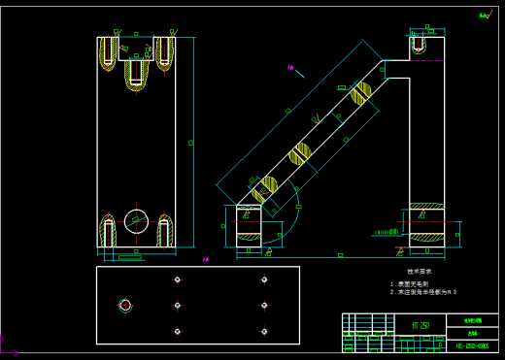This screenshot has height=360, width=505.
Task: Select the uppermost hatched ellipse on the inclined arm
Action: tap(361, 93)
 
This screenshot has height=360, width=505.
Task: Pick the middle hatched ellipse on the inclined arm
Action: tap(300, 152)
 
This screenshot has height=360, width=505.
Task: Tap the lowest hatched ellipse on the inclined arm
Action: tap(262, 187)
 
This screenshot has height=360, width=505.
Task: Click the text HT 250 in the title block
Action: tap(421, 326)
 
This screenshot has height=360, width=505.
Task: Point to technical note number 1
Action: tap(414, 283)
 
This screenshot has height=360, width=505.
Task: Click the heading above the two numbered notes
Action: tap(419, 272)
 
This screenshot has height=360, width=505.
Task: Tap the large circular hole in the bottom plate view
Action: tap(124, 305)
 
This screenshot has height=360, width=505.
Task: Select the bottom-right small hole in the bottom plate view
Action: tap(264, 331)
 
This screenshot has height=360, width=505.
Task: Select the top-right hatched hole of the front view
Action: tap(164, 54)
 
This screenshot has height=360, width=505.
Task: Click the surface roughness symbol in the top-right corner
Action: tap(484, 16)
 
